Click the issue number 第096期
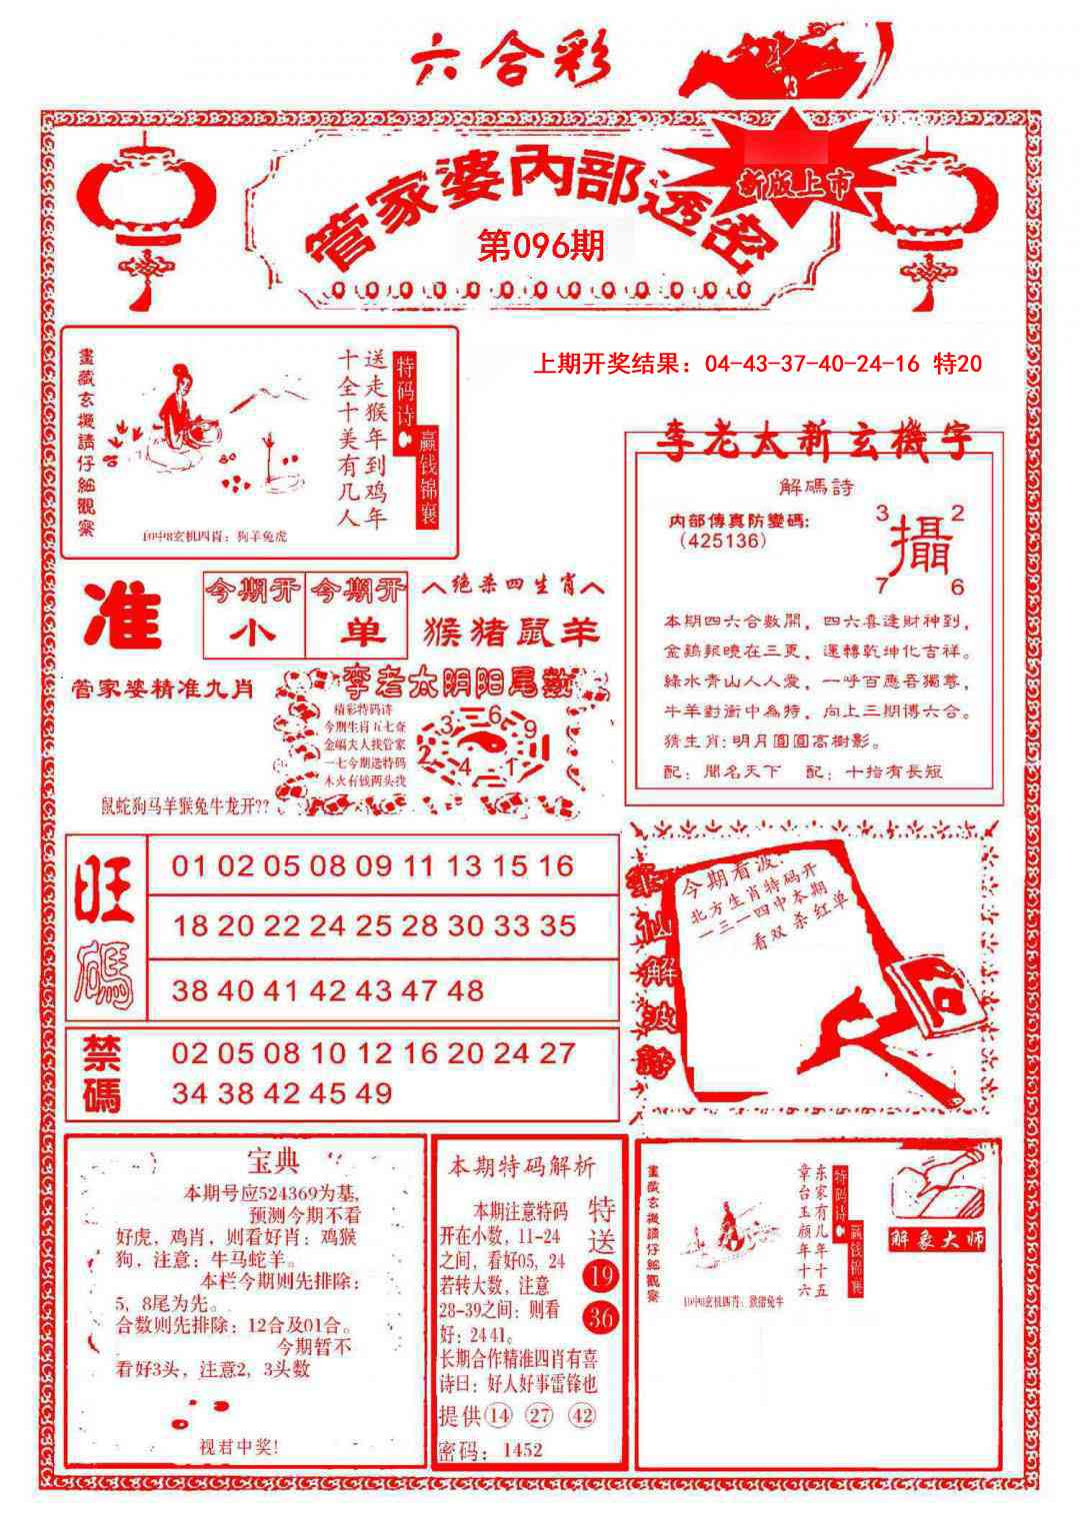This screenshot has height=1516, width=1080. pos(541,245)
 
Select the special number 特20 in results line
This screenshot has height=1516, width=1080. pos(956,364)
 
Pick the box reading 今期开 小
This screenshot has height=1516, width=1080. pos(254,613)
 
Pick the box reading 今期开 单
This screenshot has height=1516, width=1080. pos(357,613)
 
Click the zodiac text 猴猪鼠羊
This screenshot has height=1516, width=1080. pos(513,632)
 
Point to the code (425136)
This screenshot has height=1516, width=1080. pos(722,541)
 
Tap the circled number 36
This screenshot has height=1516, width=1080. pos(601,1318)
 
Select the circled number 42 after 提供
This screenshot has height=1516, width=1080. pos(582,1416)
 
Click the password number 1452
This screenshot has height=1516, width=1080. pos(523,1449)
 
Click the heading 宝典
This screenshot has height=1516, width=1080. pos(272,1161)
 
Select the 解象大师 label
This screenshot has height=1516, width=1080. pos(937,1239)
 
